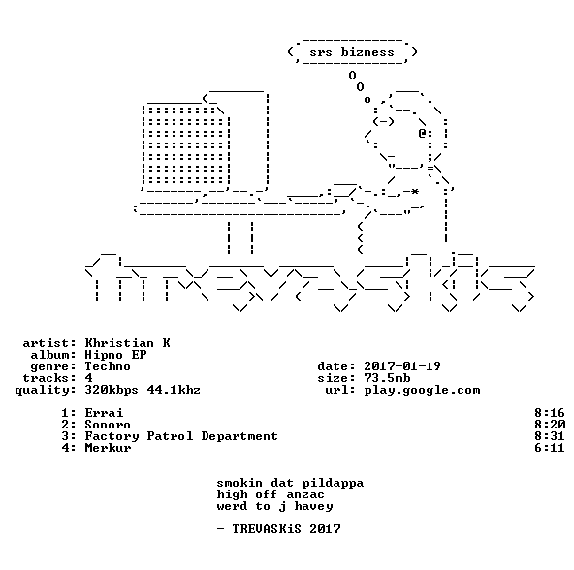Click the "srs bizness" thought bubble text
[x=352, y=52]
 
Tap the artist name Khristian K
[x=127, y=343]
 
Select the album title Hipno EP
[x=115, y=355]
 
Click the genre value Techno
[x=108, y=366]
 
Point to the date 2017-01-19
[x=402, y=366]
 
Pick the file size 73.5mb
[x=387, y=378]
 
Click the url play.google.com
[x=422, y=391]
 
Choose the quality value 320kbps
[x=112, y=391]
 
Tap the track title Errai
[x=104, y=413]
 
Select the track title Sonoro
[x=108, y=425]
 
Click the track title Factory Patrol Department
[x=181, y=436]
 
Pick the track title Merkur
[x=108, y=448]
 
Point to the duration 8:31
[x=550, y=436]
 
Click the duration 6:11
[x=550, y=448]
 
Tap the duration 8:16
[x=550, y=413]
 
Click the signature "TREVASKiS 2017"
[x=286, y=529]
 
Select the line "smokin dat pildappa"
[x=290, y=483]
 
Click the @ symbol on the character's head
[x=422, y=133]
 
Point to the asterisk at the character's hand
[x=414, y=192]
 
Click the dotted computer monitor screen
[x=185, y=145]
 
